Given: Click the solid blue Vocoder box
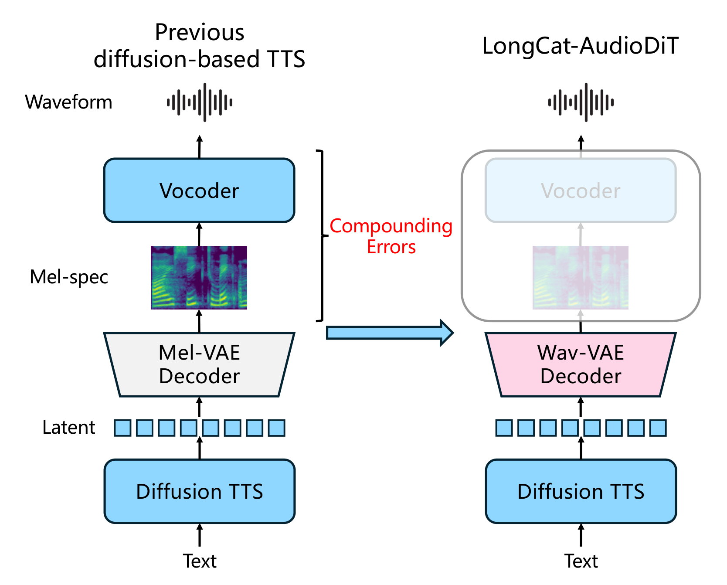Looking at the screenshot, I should [x=199, y=190].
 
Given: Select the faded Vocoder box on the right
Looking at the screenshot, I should [x=581, y=190].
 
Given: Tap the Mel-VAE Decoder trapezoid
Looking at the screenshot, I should [x=199, y=364].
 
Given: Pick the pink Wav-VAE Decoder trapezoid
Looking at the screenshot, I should [x=581, y=364].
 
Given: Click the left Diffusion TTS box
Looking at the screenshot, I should [x=199, y=491].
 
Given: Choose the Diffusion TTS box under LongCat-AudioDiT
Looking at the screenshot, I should [x=581, y=491].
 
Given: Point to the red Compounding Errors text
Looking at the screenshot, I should [x=391, y=236].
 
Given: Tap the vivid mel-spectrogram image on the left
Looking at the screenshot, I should [x=199, y=278].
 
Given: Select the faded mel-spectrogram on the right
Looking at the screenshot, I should [x=581, y=278].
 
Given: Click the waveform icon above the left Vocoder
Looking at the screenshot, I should [x=199, y=102].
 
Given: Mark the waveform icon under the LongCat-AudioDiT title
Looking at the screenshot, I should [x=581, y=102].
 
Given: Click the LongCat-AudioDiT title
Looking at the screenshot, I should [x=580, y=46].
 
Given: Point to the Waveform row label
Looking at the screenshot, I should [x=68, y=102].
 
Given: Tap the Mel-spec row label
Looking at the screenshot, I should [x=68, y=277].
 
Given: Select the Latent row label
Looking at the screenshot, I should [x=68, y=428].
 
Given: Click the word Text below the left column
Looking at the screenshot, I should [x=199, y=561].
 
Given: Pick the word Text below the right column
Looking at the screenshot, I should [x=581, y=561].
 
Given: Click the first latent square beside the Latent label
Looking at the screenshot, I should [x=122, y=428].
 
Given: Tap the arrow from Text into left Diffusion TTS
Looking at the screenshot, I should [x=199, y=535].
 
